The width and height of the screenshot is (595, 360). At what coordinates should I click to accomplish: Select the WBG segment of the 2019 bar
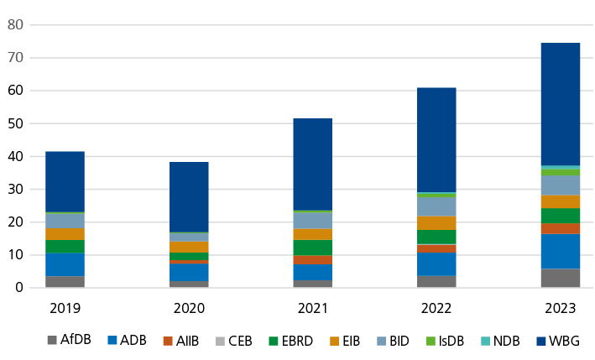[x=65, y=181]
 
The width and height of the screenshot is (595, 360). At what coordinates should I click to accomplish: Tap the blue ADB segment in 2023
[x=560, y=251]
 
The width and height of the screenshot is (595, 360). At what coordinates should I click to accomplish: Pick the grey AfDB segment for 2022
[x=436, y=281]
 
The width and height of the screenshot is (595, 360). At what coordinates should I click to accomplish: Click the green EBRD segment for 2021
[x=312, y=248]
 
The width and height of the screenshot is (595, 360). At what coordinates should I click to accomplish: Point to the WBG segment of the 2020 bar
[x=189, y=196]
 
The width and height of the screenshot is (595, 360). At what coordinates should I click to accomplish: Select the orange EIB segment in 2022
[x=436, y=223]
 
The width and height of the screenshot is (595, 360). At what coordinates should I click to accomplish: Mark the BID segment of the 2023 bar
[x=560, y=185]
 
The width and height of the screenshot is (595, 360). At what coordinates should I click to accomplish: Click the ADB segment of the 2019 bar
[x=65, y=264]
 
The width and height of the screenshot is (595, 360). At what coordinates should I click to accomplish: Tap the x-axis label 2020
[x=189, y=308]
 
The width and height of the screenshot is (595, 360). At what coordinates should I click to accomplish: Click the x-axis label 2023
[x=560, y=308]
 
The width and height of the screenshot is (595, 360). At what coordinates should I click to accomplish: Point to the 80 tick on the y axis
[x=14, y=25]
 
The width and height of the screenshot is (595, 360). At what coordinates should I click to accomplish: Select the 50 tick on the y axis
[x=14, y=123]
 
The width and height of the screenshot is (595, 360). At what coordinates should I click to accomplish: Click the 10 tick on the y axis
[x=14, y=255]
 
